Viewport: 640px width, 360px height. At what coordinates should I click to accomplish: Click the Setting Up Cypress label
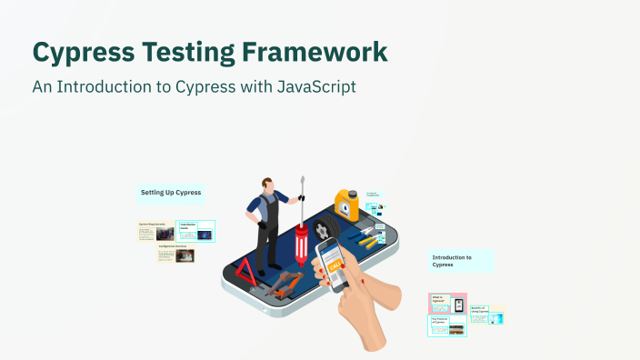[171, 193]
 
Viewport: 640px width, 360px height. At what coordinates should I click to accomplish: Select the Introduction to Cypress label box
[461, 261]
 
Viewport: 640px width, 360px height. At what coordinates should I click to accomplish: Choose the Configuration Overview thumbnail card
[176, 254]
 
